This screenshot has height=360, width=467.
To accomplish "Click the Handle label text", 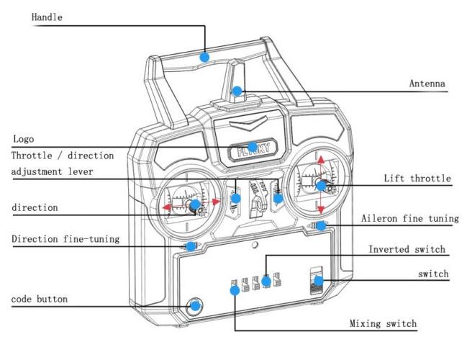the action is tap(47, 17).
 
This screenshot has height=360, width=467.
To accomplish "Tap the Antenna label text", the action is tap(427, 83).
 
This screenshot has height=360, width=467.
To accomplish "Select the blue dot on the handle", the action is tap(204, 57).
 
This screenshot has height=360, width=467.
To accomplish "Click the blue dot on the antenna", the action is tap(237, 91).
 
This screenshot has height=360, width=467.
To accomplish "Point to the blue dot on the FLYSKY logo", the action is tap(253, 147).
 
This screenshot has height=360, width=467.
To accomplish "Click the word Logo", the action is tap(24, 139).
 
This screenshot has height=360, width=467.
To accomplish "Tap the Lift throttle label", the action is tap(417, 179).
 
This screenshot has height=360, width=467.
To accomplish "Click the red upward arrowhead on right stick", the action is tap(321, 160).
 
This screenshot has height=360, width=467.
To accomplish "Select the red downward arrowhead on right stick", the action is tap(321, 210).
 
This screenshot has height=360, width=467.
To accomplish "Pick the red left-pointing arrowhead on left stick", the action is tap(167, 207).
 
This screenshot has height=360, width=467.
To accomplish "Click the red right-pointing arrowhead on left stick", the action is tap(216, 202).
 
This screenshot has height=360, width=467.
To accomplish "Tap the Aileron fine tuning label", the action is tap(410, 218).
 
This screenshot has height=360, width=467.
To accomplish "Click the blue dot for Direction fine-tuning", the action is tap(191, 246).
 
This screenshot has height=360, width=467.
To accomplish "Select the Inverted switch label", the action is tap(407, 249).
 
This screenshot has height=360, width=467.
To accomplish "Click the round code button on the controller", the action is tap(194, 306).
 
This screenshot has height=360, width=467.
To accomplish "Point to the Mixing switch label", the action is tap(383, 323).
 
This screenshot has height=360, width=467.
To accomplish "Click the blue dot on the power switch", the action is tap(319, 280).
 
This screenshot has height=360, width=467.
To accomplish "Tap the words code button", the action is tap(40, 299).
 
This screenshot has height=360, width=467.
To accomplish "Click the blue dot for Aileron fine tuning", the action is tap(321, 226).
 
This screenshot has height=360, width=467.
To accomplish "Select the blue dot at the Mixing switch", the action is tap(235, 290).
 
